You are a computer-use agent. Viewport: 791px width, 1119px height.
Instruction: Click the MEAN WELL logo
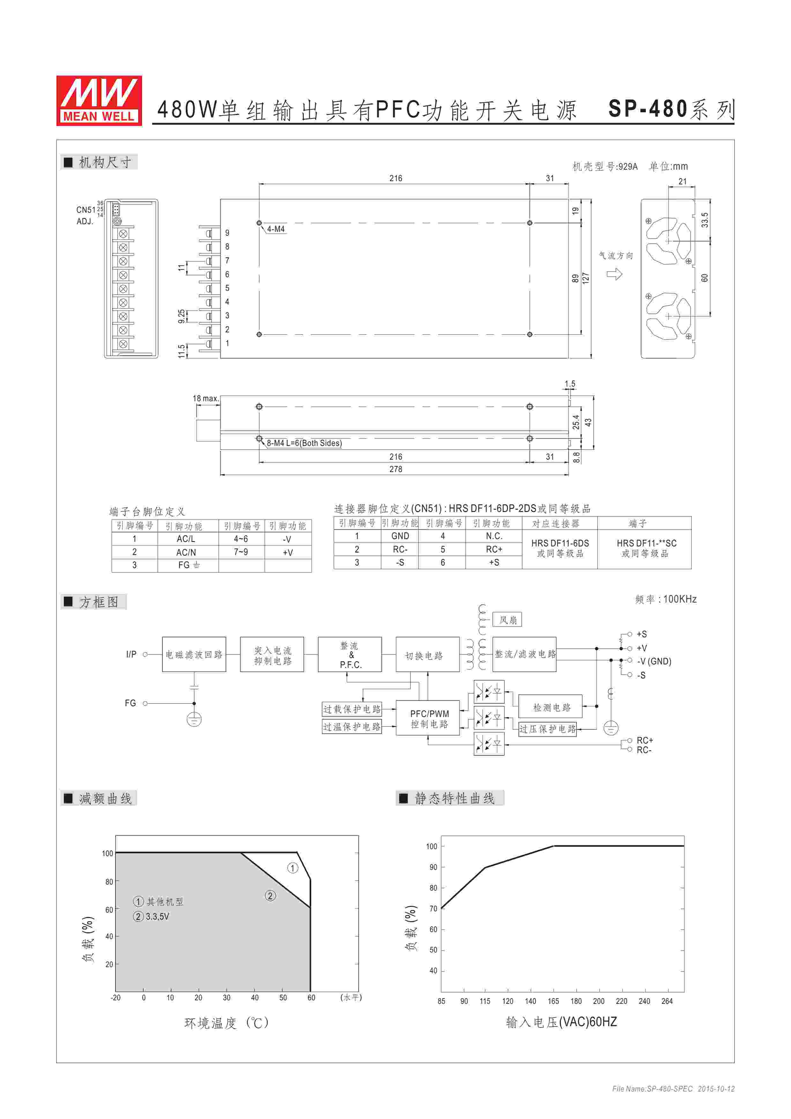(x=99, y=100)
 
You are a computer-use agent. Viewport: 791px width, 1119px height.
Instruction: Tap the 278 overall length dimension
(x=395, y=469)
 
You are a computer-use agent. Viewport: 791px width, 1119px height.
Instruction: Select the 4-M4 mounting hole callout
(x=275, y=229)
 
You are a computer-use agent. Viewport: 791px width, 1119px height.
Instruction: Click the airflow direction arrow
(x=614, y=274)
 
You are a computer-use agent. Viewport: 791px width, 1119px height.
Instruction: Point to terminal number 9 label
(x=227, y=233)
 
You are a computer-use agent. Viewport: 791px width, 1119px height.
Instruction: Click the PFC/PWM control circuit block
(x=428, y=717)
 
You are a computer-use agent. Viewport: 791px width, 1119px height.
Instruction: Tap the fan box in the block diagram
(x=507, y=620)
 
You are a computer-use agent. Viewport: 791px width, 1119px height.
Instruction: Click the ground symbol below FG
(x=194, y=719)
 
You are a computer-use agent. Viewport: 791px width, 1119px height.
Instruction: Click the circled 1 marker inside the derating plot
(x=292, y=868)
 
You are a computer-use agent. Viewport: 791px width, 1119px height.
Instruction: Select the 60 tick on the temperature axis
(x=311, y=998)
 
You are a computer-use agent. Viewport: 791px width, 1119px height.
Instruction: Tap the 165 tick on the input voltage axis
(x=553, y=1001)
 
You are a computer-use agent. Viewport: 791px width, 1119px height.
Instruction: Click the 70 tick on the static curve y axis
(x=433, y=908)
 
